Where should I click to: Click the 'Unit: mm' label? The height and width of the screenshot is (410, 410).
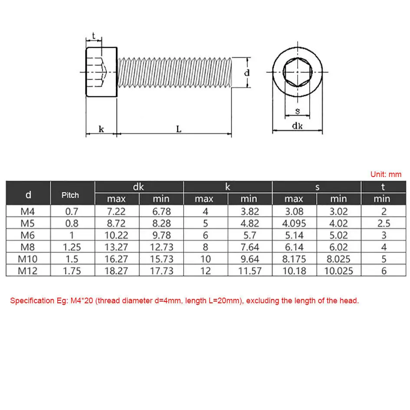pyautogui.click(x=386, y=174)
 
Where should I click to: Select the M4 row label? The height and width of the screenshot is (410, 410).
pyautogui.click(x=28, y=212)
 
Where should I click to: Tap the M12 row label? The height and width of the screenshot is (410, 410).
pyautogui.click(x=28, y=271)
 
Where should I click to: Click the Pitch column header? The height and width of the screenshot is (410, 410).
pyautogui.click(x=70, y=195)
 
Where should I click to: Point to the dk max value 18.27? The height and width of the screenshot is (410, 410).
pyautogui.click(x=116, y=271)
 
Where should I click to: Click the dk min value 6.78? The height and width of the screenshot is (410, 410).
pyautogui.click(x=161, y=212)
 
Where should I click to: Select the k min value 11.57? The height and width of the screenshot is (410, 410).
pyautogui.click(x=249, y=271)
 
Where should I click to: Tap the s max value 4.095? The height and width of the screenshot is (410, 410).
pyautogui.click(x=294, y=223)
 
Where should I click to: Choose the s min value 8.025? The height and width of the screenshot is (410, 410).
pyautogui.click(x=338, y=259)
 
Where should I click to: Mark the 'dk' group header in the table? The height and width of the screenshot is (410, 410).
pyautogui.click(x=138, y=187)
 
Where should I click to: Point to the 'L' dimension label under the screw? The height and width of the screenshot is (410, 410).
pyautogui.click(x=178, y=129)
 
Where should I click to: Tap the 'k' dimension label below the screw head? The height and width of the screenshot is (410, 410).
pyautogui.click(x=101, y=129)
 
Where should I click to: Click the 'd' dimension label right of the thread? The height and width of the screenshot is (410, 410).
pyautogui.click(x=247, y=73)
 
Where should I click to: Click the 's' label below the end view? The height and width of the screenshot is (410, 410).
pyautogui.click(x=297, y=111)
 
